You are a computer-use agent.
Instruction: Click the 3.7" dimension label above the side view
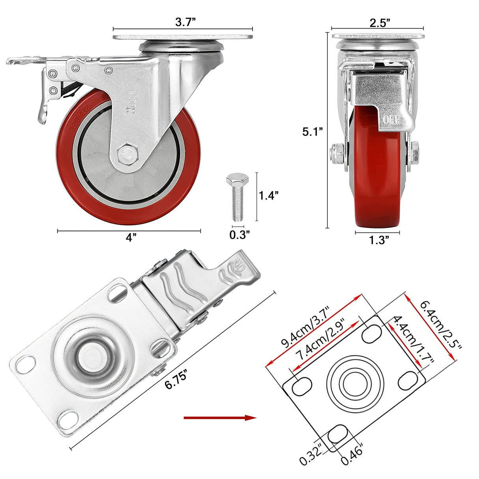point(185,22)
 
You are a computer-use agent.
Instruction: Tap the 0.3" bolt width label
point(240,235)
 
